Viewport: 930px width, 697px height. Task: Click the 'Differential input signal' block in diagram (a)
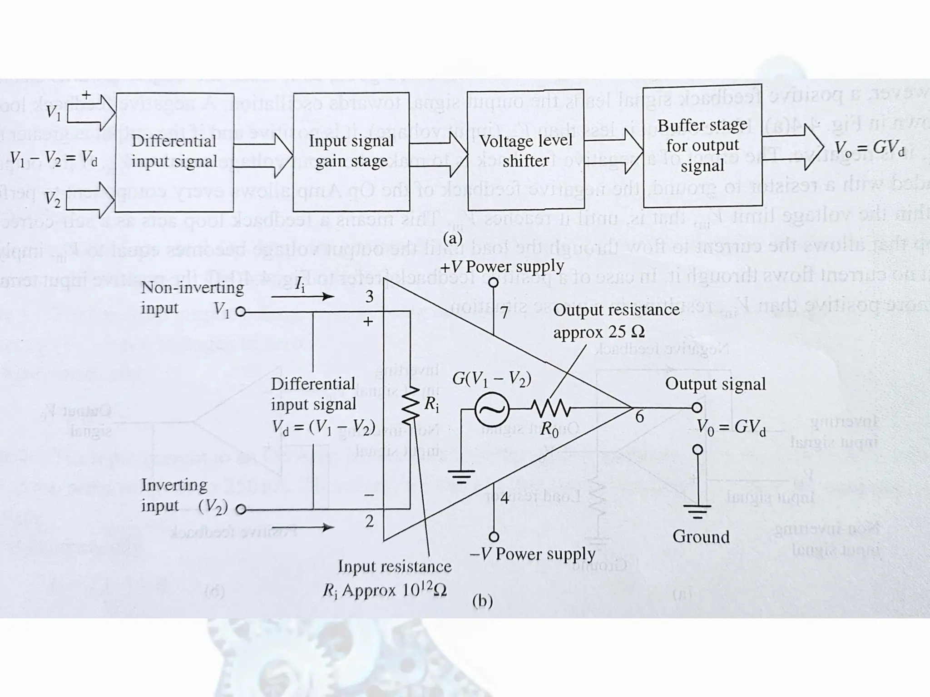coord(174,152)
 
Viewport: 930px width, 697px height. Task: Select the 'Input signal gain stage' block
coord(351,152)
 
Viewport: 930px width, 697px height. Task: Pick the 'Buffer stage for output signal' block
coord(702,145)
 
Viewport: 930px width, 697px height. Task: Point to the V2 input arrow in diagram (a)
coord(91,200)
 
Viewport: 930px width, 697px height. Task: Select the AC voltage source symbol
coord(492,409)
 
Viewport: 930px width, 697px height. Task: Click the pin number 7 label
coord(505,314)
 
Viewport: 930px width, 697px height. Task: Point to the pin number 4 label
coord(505,498)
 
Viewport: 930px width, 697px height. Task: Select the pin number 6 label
coord(639,417)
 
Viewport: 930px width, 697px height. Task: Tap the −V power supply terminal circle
coord(494,537)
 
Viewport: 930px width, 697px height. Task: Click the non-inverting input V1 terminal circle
coord(241,312)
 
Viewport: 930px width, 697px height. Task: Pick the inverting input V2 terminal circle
coord(241,510)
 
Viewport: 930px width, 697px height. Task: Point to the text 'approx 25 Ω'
coord(599,333)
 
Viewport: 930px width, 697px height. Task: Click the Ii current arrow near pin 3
coord(302,297)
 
